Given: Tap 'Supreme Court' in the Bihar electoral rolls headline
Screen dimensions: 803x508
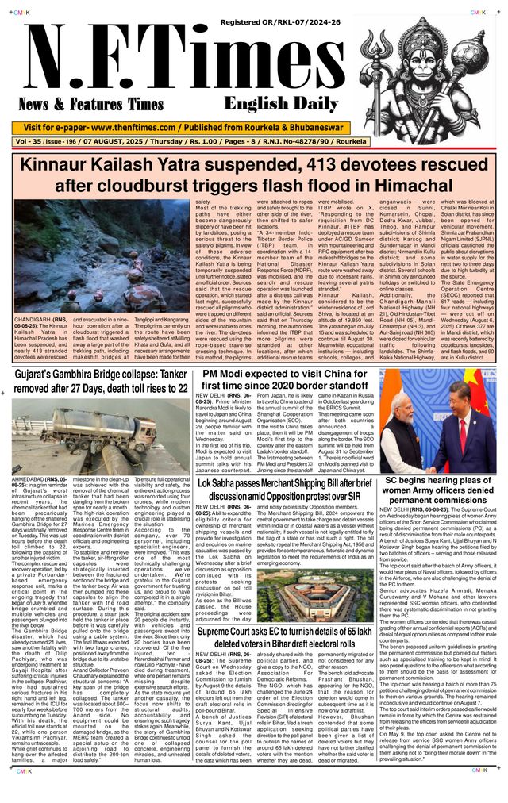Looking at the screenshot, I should [229, 632].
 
